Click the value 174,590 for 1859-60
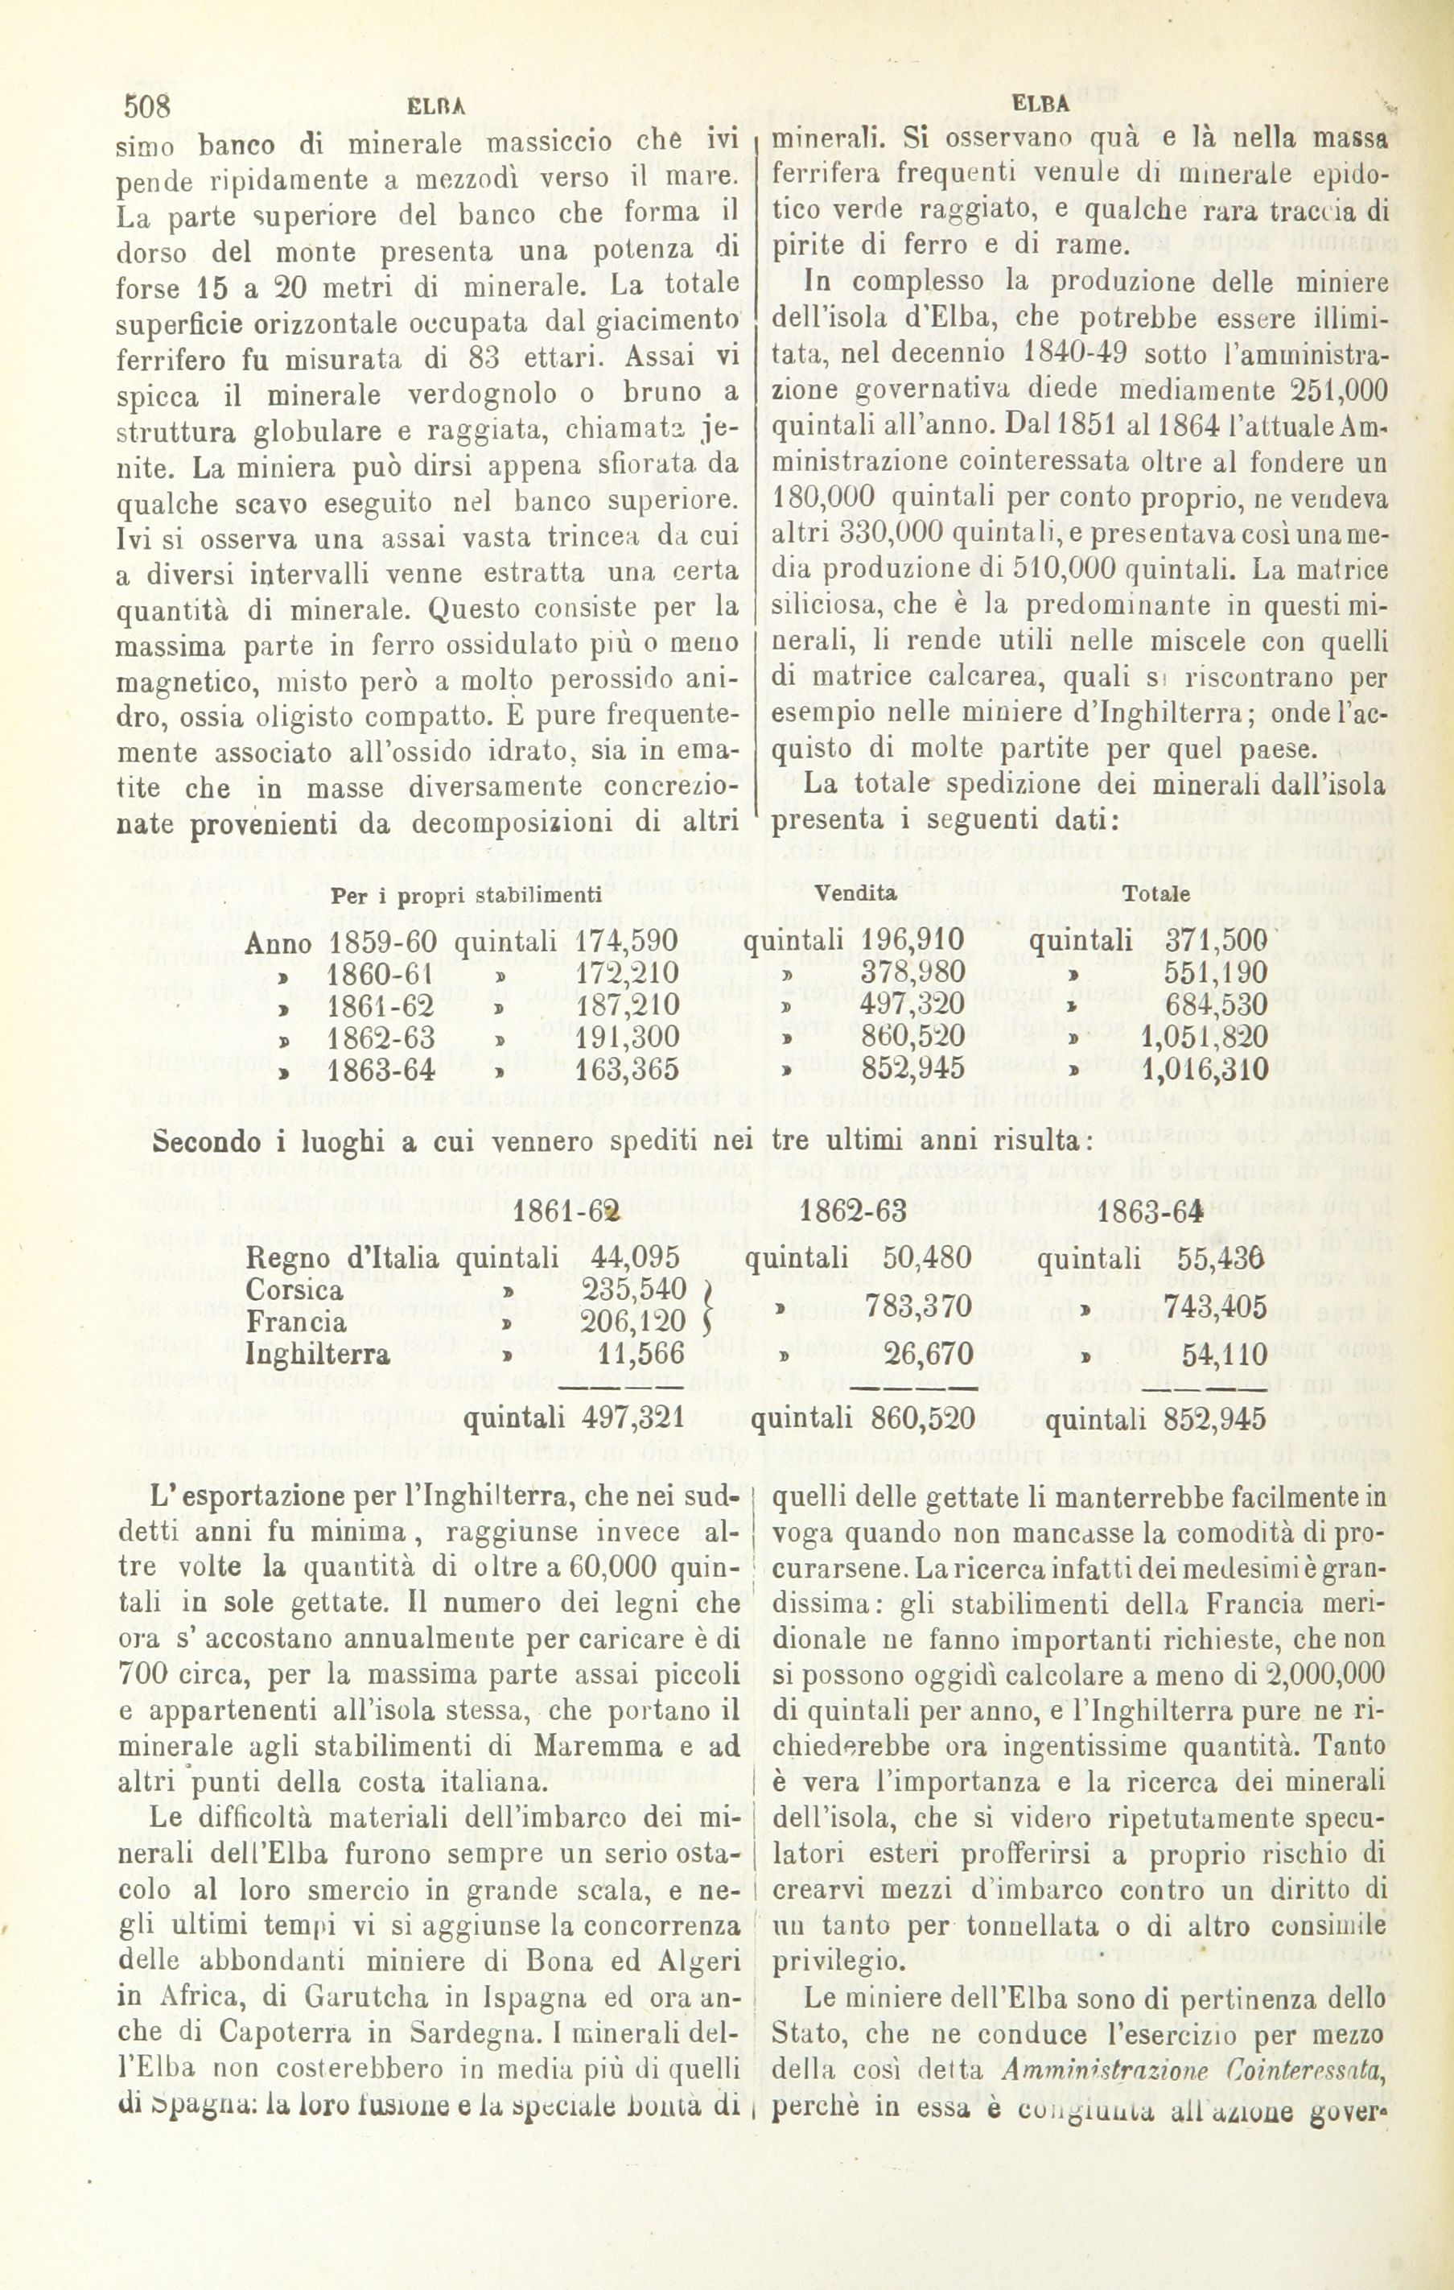627,943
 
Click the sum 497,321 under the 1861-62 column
632,1419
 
